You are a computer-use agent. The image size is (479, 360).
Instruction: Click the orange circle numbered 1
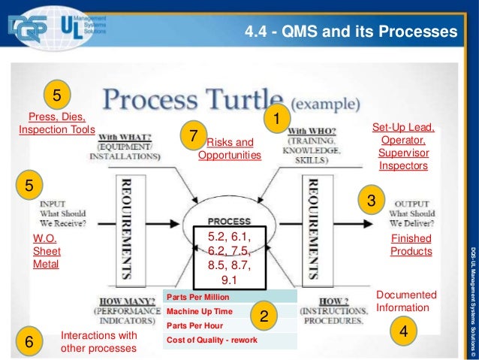pos(276,118)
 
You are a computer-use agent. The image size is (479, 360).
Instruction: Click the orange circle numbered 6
pos(29,342)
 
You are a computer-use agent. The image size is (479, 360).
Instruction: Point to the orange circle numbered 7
pos(194,136)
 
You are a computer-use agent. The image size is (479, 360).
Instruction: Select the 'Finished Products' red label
pos(411,244)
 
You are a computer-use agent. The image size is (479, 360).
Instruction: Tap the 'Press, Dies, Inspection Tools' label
pos(57,123)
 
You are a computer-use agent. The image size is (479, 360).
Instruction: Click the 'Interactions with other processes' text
pos(98,342)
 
